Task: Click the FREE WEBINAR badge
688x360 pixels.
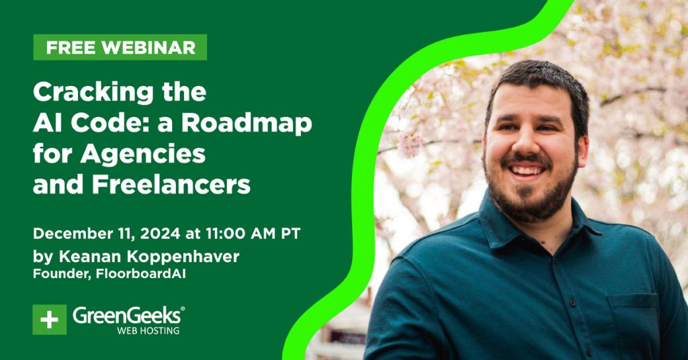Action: point(120,48)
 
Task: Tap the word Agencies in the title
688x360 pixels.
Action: point(143,154)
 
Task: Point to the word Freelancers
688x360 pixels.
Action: point(171,185)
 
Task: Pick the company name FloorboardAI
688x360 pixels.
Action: point(141,274)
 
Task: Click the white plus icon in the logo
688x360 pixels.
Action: point(49,320)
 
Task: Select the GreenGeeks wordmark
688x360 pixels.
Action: point(126,315)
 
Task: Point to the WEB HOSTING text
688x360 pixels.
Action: point(148,330)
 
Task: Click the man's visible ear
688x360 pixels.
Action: point(583,151)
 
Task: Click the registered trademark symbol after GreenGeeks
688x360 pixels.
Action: point(183,309)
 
